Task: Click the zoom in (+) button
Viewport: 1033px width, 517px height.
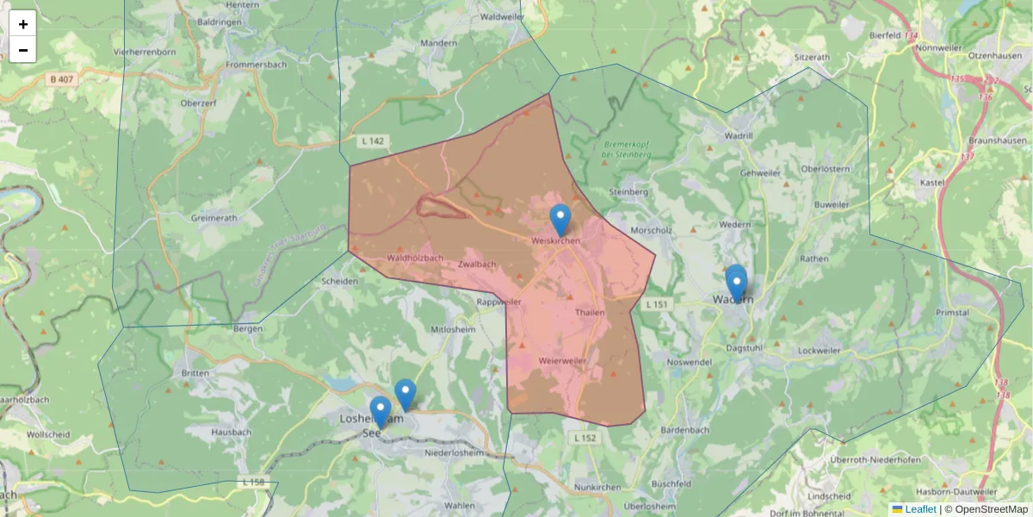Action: click(x=22, y=24)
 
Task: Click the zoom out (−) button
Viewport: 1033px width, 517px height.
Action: click(x=22, y=50)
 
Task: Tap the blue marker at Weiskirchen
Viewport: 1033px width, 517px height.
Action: click(x=560, y=220)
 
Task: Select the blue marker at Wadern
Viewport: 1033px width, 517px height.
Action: click(x=736, y=282)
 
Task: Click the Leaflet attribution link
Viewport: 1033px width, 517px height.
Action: click(x=920, y=509)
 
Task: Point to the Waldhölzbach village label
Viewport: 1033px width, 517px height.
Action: click(x=415, y=258)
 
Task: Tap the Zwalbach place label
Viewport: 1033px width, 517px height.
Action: click(x=477, y=264)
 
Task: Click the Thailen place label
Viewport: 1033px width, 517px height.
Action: click(x=591, y=313)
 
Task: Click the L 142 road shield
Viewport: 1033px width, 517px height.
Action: click(x=372, y=140)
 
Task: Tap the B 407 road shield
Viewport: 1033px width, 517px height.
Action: click(x=61, y=79)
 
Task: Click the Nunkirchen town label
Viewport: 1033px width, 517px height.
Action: click(x=597, y=487)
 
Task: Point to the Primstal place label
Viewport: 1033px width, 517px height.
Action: click(x=952, y=313)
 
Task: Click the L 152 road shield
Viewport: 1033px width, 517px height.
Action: click(x=585, y=438)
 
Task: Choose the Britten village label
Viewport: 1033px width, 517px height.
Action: click(x=196, y=373)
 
